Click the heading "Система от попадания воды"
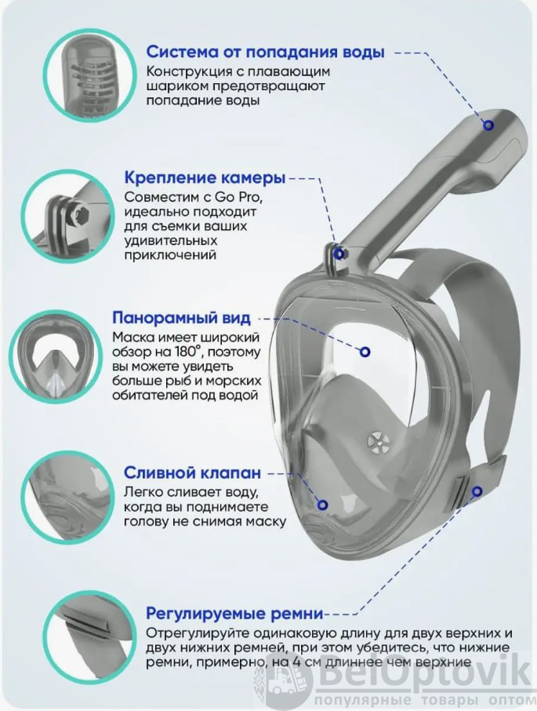pyautogui.click(x=265, y=52)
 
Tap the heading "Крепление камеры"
pyautogui.click(x=205, y=177)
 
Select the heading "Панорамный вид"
pyautogui.click(x=181, y=317)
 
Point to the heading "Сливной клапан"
pyautogui.click(x=192, y=473)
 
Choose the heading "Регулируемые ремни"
pyautogui.click(x=234, y=614)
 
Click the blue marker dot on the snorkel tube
pyautogui.click(x=488, y=125)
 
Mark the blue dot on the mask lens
pyautogui.click(x=365, y=352)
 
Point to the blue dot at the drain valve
pyautogui.click(x=322, y=505)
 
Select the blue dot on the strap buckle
pyautogui.click(x=477, y=491)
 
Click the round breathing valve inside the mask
pyautogui.click(x=378, y=440)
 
